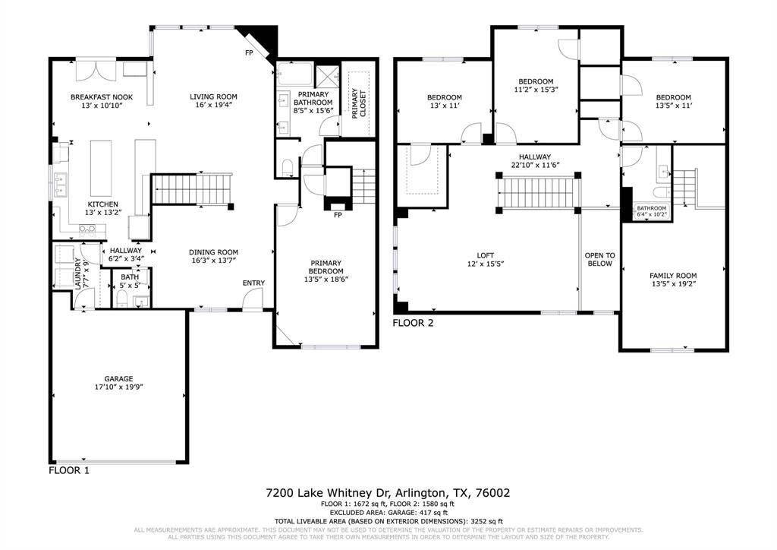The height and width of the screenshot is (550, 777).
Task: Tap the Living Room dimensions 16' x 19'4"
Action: point(213,106)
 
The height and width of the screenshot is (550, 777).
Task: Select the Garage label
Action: point(118,378)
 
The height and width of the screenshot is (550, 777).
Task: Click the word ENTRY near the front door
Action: point(253,283)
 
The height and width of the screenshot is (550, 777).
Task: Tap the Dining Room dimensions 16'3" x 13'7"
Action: point(213,261)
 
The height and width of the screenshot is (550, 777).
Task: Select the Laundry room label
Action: point(78,274)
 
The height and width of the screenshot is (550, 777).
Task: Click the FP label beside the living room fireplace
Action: point(248,53)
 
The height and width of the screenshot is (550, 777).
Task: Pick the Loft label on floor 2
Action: point(486,255)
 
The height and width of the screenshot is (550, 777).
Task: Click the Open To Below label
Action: point(600,260)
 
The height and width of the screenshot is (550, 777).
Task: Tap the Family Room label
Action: point(672,276)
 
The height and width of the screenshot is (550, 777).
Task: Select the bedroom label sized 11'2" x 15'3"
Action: point(536,81)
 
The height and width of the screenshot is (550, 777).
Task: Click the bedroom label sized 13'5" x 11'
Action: point(673,97)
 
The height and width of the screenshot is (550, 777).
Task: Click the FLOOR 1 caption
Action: point(69,471)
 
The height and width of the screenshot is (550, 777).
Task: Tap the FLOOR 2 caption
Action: point(413,323)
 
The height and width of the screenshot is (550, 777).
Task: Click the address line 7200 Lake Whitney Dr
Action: point(388,493)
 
